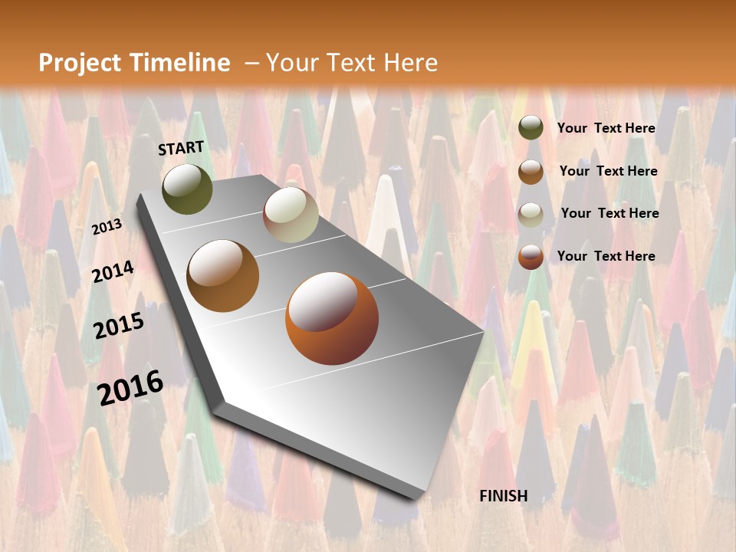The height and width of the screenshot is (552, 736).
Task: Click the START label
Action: click(181, 148)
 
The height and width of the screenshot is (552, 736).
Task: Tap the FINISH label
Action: click(503, 496)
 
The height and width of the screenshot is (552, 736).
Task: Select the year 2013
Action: click(107, 227)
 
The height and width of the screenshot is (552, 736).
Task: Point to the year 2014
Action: click(113, 271)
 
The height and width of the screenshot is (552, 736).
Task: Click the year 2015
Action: click(119, 326)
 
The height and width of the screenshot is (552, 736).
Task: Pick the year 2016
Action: click(130, 387)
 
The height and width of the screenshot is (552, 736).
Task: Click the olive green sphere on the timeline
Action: click(187, 189)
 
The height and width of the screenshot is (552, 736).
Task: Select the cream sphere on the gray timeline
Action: click(291, 215)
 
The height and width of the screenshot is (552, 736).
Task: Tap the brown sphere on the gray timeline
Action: click(223, 276)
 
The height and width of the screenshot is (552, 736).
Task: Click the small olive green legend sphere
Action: click(531, 128)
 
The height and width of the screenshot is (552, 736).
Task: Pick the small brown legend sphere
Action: click(531, 172)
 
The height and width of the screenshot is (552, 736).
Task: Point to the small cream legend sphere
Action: click(531, 215)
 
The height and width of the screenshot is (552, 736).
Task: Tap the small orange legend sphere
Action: click(531, 257)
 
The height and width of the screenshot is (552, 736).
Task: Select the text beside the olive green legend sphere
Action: click(606, 128)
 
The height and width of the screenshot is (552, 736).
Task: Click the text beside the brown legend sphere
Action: click(608, 171)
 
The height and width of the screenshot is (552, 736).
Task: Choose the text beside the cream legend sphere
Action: click(609, 213)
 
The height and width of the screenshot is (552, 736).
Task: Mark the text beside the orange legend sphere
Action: click(606, 256)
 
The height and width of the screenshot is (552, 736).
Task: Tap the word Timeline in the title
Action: click(181, 63)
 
